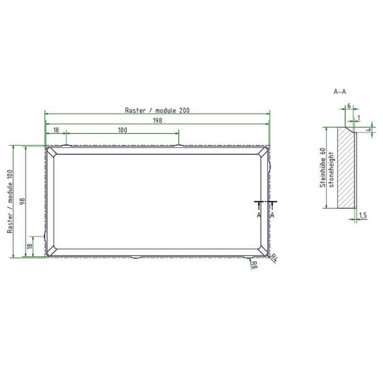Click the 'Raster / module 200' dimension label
157,110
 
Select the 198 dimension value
158,121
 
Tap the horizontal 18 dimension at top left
56,130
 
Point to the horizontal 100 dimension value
123,130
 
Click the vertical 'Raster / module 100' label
10,201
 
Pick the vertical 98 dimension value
22,201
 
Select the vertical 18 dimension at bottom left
30,246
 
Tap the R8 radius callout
254,265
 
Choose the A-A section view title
340,92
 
